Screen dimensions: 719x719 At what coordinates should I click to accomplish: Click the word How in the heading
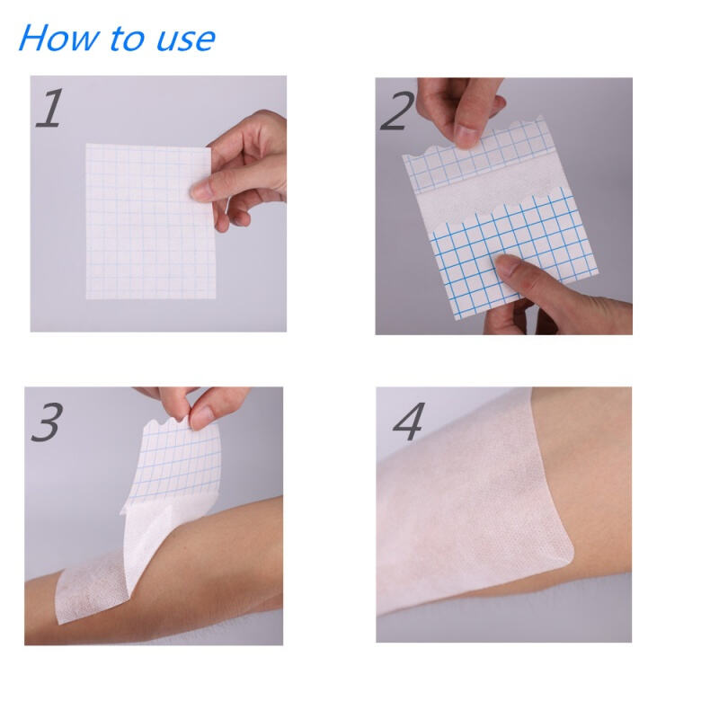pyautogui.click(x=58, y=38)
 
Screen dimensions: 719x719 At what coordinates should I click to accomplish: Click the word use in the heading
pyautogui.click(x=186, y=40)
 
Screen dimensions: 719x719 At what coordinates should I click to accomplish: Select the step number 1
pyautogui.click(x=50, y=108)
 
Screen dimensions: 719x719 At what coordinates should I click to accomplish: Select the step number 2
pyautogui.click(x=397, y=111)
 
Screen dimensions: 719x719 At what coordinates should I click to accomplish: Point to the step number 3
pyautogui.click(x=48, y=422)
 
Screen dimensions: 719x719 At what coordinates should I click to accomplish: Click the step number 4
pyautogui.click(x=410, y=422)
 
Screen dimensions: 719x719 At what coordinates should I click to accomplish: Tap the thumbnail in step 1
pyautogui.click(x=200, y=190)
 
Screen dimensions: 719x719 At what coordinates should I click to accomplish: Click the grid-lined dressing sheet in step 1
pyautogui.click(x=149, y=221)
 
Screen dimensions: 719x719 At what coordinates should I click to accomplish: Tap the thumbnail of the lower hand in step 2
pyautogui.click(x=505, y=264)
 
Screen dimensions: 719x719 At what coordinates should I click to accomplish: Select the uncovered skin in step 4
pyautogui.click(x=591, y=482)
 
